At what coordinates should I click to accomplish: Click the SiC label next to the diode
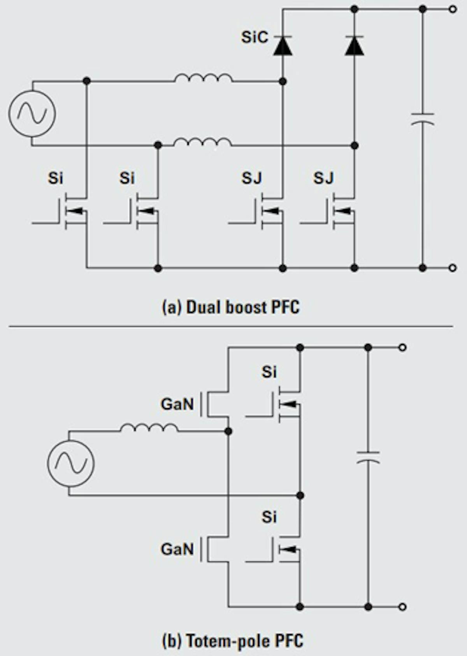[x=255, y=37]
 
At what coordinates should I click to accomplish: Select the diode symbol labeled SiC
[x=283, y=45]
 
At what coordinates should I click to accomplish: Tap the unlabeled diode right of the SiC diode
[x=355, y=45]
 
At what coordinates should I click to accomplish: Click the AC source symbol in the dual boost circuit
[x=32, y=113]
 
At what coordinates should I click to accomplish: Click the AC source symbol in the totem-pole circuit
[x=70, y=463]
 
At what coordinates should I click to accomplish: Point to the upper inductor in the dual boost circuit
[x=204, y=78]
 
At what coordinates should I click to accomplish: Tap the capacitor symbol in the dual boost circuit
[x=423, y=119]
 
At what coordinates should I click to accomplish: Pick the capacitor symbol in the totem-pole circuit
[x=368, y=458]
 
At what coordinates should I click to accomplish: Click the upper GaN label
[x=177, y=404]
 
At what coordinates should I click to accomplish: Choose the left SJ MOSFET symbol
[x=269, y=211]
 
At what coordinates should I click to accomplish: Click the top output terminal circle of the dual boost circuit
[x=453, y=9]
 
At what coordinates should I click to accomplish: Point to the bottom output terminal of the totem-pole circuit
[x=403, y=607]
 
